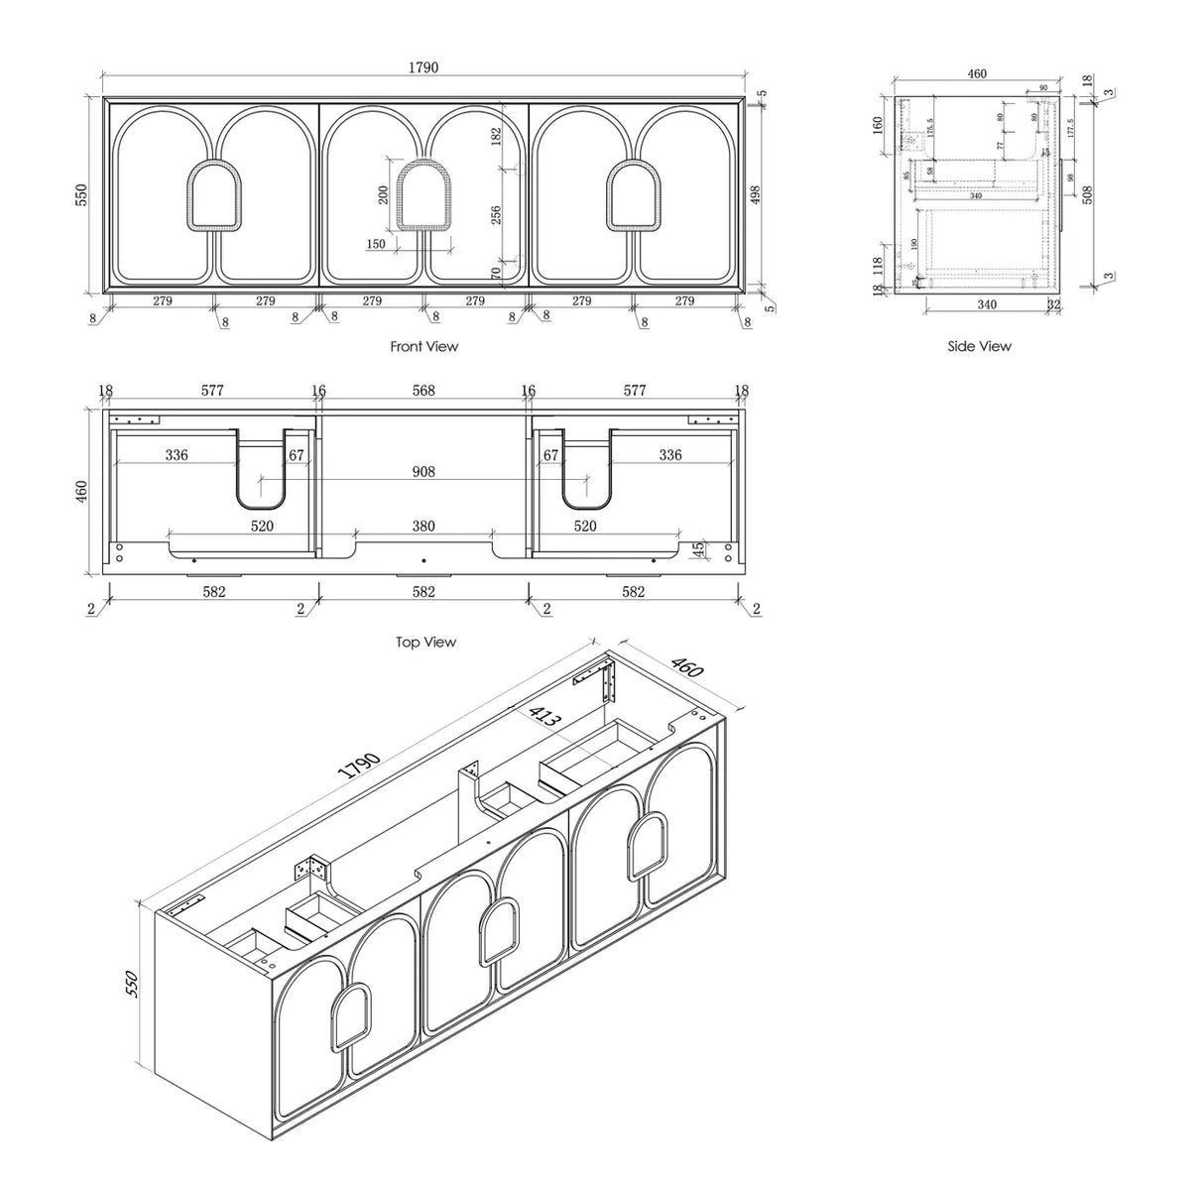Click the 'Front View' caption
424,347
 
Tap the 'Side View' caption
979,346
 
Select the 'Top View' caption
425,643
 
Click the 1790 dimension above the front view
423,67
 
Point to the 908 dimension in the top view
423,472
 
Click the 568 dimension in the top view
423,391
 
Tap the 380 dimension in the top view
423,527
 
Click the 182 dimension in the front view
496,137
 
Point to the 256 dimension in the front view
496,214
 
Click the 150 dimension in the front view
376,244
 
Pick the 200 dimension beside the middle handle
384,193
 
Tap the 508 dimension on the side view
1087,193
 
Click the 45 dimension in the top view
697,547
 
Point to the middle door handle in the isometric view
496,932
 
